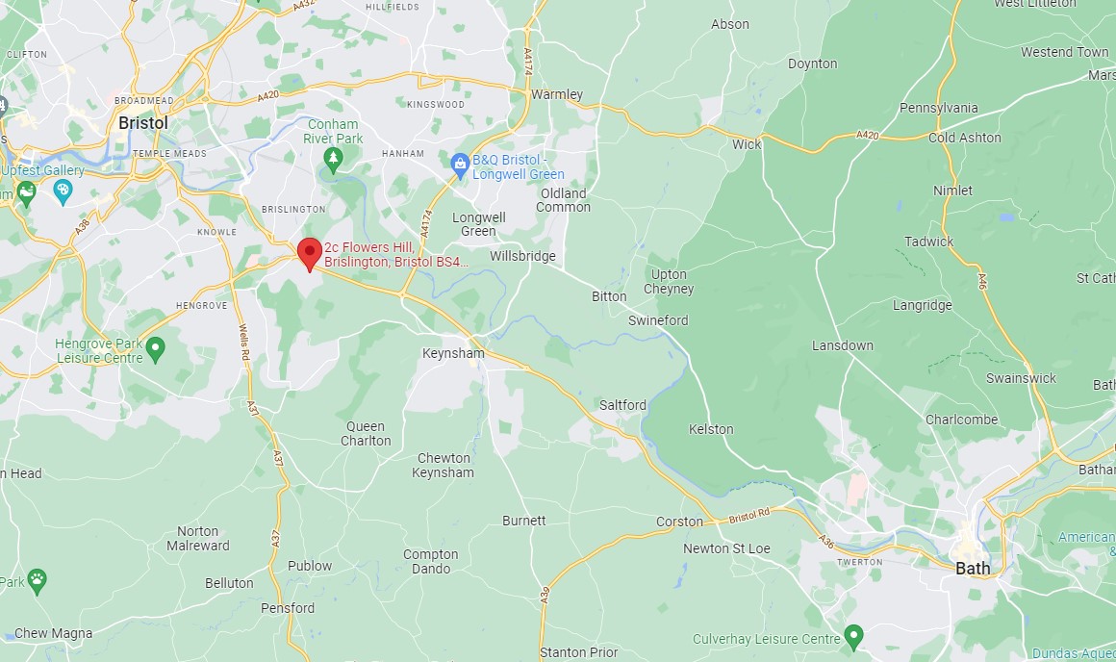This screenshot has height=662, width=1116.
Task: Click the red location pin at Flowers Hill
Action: click(309, 252)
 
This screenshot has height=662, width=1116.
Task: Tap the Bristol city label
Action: click(142, 123)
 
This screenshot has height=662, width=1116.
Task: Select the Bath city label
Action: click(973, 568)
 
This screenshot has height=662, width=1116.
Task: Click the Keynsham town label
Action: click(452, 353)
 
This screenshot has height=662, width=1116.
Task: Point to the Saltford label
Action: click(622, 405)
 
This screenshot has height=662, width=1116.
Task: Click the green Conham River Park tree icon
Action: click(333, 158)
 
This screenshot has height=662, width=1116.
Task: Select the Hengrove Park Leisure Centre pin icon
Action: click(156, 346)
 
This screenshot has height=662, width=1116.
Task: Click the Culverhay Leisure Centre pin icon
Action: click(853, 636)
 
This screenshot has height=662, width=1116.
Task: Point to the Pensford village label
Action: click(288, 608)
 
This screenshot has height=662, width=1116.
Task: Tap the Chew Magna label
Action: click(54, 633)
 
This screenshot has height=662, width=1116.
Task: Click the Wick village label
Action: click(747, 144)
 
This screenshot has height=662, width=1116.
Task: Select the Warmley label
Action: click(557, 94)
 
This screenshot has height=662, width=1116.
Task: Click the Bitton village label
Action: click(609, 296)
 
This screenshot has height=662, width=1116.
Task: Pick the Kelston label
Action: click(711, 429)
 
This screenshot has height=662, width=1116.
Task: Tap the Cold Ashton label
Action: click(964, 138)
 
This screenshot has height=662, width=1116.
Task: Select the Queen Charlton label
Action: click(366, 433)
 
